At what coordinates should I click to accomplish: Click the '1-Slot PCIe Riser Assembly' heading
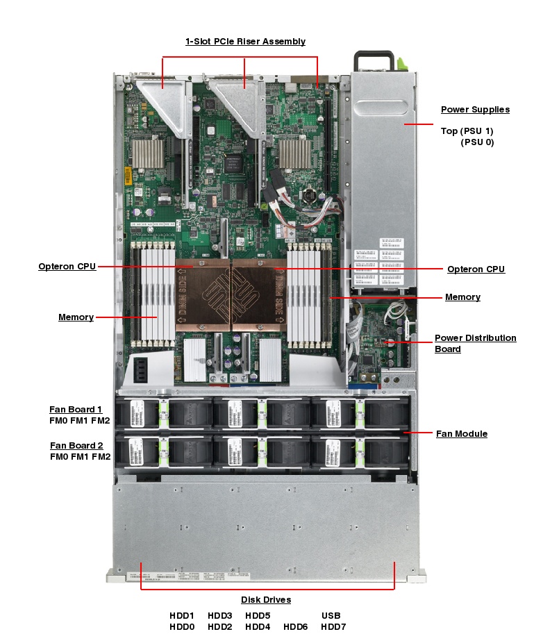click(x=245, y=42)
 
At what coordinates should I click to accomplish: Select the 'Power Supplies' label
click(x=475, y=110)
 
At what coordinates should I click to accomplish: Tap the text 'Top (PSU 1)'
click(x=467, y=131)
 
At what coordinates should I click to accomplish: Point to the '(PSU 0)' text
click(x=477, y=142)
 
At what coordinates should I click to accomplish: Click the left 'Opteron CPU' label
click(x=67, y=267)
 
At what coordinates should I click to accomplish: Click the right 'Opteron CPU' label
click(x=476, y=269)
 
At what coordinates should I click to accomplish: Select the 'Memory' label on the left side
click(x=76, y=317)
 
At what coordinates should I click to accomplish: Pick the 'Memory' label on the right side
click(x=462, y=297)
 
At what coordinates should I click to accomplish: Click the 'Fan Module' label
click(x=462, y=434)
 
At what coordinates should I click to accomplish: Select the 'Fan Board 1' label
click(x=76, y=410)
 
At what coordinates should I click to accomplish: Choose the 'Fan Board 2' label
click(x=76, y=446)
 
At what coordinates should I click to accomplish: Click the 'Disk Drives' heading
click(x=266, y=600)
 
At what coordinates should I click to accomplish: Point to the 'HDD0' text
click(x=182, y=627)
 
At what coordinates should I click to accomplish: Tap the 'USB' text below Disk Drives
click(x=331, y=616)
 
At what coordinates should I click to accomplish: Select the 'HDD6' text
click(x=296, y=627)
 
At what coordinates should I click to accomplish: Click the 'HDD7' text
click(x=333, y=627)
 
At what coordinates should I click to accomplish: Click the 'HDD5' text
click(x=258, y=616)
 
